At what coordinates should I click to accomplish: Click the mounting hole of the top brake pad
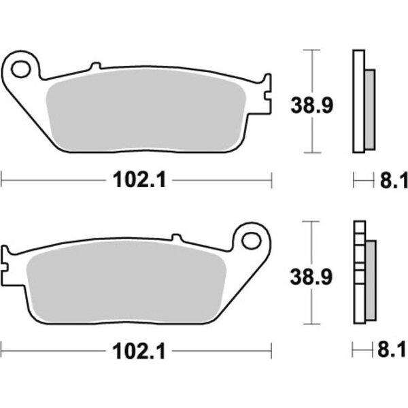pos(21,69)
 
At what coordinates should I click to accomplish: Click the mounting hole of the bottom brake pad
pos(251,241)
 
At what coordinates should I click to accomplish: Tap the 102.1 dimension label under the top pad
pos(139,180)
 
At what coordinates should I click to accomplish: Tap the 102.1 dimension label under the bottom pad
pos(139,352)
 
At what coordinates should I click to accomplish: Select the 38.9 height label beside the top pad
pos(311,105)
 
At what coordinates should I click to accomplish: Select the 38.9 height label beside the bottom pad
pos(311,277)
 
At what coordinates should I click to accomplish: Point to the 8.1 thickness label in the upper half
pos(394,180)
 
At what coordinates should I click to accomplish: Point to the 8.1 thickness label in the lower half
pos(392,350)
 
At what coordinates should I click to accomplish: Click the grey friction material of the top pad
pos(146,111)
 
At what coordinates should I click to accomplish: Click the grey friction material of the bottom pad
pos(126,282)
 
